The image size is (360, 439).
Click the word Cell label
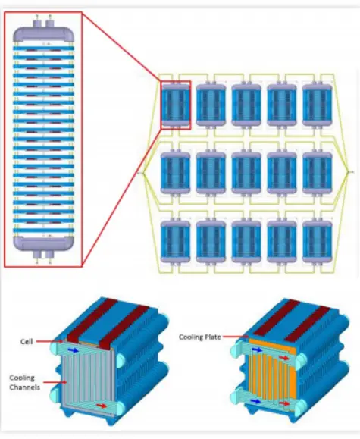click(x=27, y=341)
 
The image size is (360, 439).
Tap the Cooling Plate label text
click(x=200, y=337)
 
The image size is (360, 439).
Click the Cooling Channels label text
click(x=25, y=382)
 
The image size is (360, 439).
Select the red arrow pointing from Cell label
click(x=49, y=341)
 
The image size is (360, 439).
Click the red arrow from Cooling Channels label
click(x=55, y=382)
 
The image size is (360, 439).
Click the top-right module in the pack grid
click(x=318, y=105)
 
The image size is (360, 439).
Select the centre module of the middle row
click(x=246, y=173)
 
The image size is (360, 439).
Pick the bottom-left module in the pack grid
click(x=175, y=241)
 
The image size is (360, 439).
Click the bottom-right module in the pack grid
click(x=318, y=241)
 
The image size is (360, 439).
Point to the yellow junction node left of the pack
click(x=143, y=173)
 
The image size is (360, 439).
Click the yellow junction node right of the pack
click(x=348, y=172)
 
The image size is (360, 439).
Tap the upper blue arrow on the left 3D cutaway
click(x=74, y=350)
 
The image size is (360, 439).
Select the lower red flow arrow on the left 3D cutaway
click(x=101, y=406)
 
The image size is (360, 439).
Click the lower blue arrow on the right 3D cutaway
click(x=256, y=401)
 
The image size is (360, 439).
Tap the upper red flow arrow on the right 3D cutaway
click(x=284, y=358)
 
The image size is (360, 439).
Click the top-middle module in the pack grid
click(x=246, y=105)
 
